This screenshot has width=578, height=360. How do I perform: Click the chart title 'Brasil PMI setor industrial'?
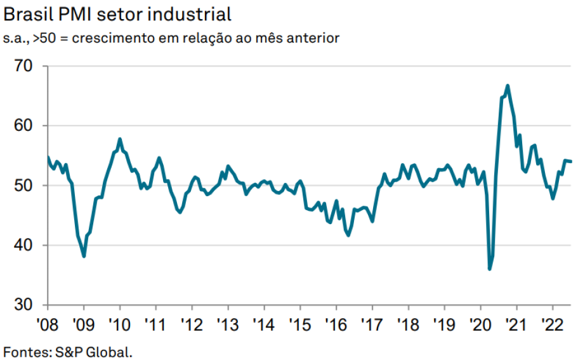pos(117,13)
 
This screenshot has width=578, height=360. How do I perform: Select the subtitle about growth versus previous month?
pos(171,39)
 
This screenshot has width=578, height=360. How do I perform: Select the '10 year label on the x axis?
pos(120,323)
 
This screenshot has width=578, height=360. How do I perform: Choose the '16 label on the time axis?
pos(336,323)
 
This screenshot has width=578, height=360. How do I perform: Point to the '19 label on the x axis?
pos(443,323)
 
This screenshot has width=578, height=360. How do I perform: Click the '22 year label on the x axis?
pos(551,323)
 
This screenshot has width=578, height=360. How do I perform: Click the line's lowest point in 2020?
pos(489,269)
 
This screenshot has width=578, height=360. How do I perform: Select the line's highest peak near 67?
pos(508,85)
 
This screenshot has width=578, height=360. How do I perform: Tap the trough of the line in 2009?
pos(84,256)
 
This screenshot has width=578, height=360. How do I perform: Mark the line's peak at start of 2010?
pos(120,138)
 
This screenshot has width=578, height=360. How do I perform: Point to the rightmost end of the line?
pos(571,161)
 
